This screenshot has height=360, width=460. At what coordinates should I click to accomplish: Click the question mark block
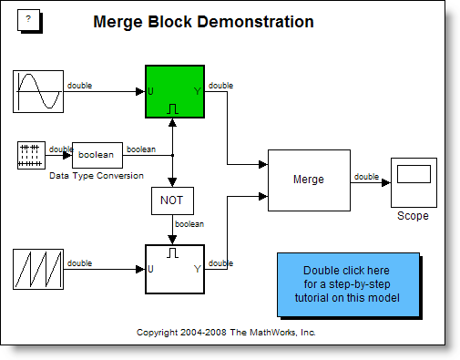click(29, 20)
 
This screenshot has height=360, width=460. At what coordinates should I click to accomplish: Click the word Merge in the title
click(118, 22)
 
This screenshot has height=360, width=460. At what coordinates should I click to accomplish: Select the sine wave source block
click(38, 91)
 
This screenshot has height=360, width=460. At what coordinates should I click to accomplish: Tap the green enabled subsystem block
click(175, 91)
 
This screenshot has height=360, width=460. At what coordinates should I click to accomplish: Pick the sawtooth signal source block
click(38, 269)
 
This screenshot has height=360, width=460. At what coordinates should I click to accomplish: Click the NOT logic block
click(172, 201)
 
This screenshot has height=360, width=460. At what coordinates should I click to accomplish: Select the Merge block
click(309, 180)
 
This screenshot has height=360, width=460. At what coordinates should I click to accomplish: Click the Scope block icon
click(414, 182)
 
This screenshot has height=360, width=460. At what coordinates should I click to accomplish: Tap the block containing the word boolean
click(97, 155)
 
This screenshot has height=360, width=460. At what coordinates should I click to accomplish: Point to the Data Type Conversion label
click(97, 176)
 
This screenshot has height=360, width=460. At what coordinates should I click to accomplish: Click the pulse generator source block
click(31, 155)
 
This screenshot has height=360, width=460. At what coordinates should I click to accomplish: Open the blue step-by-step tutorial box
click(348, 284)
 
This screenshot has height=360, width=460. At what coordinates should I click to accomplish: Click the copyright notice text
click(226, 333)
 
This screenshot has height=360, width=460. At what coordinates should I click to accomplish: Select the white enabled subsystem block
click(175, 269)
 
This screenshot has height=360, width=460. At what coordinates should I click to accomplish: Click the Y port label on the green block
click(198, 91)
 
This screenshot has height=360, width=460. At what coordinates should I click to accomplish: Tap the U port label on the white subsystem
click(150, 269)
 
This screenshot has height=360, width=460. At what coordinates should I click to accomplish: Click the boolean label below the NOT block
click(189, 224)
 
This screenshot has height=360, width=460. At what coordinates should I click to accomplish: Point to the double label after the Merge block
click(366, 177)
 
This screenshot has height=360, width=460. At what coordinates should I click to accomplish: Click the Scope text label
click(413, 216)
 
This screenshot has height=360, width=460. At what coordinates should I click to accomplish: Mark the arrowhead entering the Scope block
click(386, 182)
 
